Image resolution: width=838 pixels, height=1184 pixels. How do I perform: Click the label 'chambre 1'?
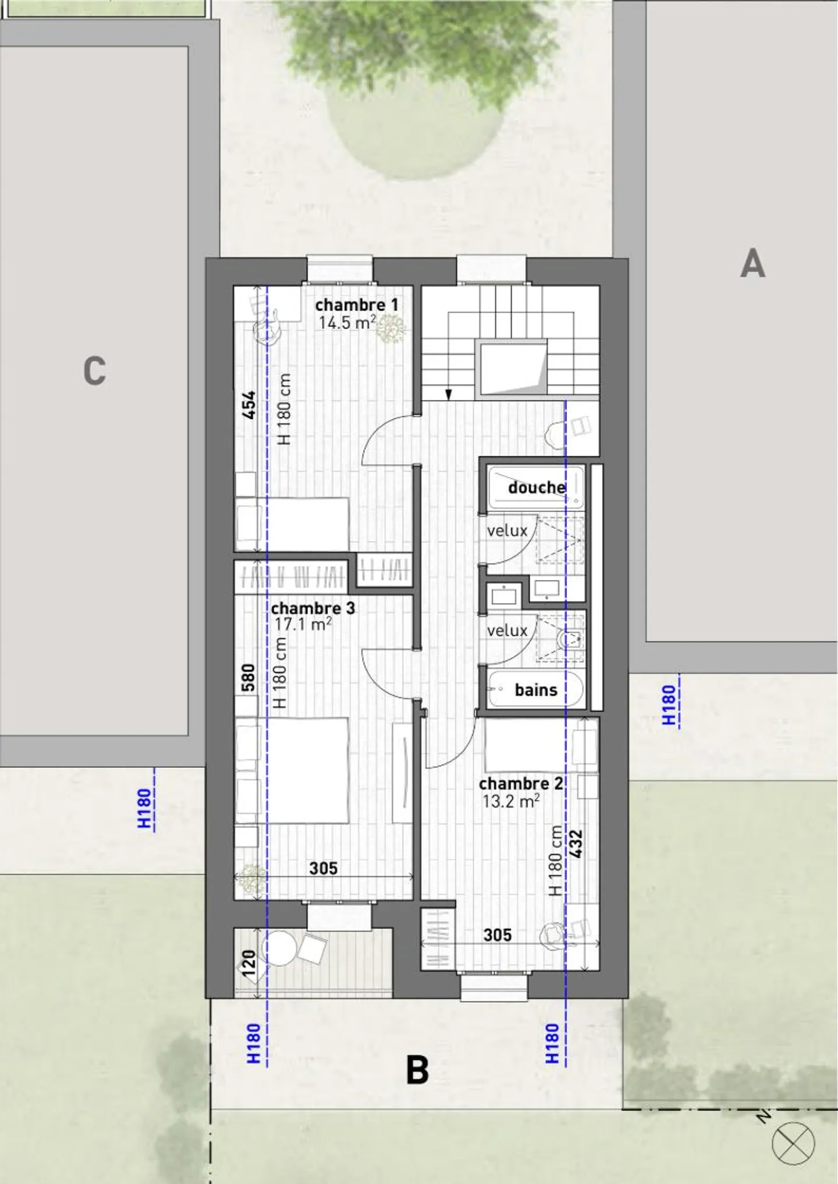pos(357,305)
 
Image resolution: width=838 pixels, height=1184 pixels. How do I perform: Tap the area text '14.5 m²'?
pos(347,322)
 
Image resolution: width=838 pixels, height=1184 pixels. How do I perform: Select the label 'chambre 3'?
pos(313,609)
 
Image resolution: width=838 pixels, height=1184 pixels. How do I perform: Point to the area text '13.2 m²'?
pos(510,801)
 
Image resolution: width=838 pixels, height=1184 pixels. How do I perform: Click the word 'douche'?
pos(537,488)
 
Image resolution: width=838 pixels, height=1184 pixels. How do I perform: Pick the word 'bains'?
pos(536,690)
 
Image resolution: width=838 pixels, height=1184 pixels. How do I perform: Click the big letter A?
pos(752,264)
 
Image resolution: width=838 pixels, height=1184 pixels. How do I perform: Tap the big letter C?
pos(95,371)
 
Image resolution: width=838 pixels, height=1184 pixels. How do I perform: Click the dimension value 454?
pos(249,405)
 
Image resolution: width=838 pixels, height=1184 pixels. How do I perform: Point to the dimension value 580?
pos(248,678)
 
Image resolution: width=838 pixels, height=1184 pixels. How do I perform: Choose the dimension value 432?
pos(576,844)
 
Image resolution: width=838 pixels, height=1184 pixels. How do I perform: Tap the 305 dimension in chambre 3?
pos(323,869)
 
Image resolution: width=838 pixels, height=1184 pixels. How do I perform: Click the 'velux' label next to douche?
pos(507,531)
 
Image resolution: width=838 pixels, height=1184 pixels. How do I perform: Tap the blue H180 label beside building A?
pos(669,705)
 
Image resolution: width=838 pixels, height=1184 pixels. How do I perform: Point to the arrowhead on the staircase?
pos(448,395)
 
